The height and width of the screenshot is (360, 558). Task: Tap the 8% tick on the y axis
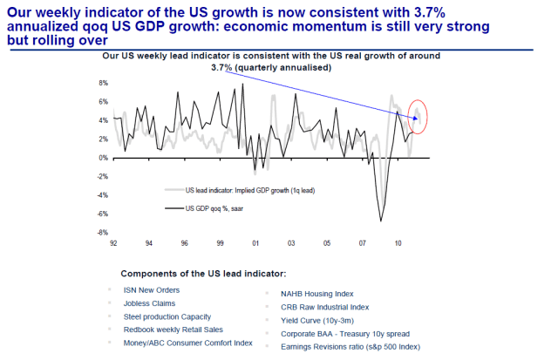(x=102, y=84)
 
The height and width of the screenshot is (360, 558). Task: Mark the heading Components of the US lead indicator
(x=208, y=273)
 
